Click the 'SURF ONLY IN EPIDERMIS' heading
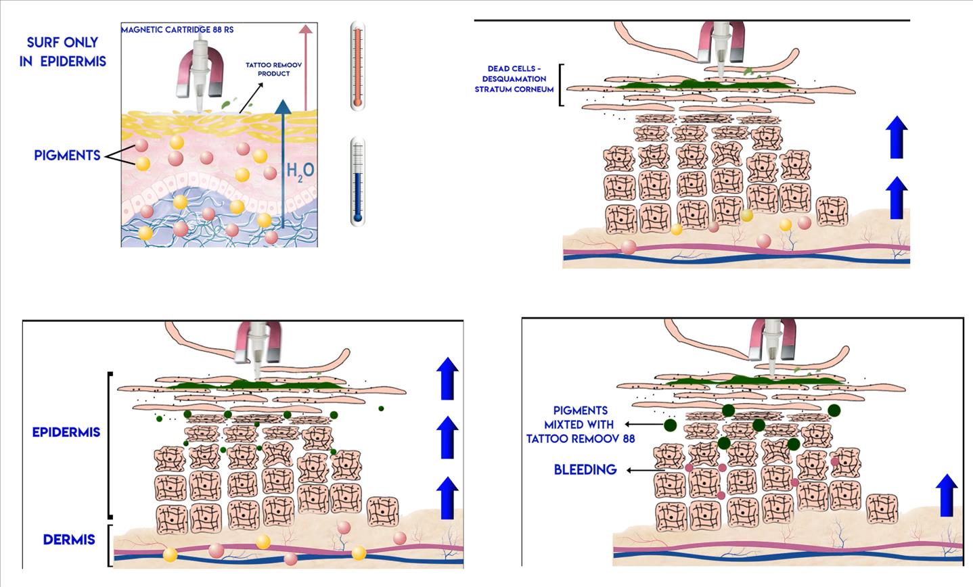pos(63,51)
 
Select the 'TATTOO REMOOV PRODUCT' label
pos(274,69)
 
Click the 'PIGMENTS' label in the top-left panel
pos(67,156)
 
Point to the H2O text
pos(300,170)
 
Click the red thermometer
pos(357,66)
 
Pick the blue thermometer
pos(357,181)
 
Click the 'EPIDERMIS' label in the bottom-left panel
pos(66,432)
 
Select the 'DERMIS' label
pos(69,540)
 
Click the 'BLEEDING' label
pos(585,469)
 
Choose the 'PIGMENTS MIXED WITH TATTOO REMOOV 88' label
pos(581,425)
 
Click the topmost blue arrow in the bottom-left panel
pos(447,378)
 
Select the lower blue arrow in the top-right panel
pos(897,197)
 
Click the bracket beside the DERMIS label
pos(110,545)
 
